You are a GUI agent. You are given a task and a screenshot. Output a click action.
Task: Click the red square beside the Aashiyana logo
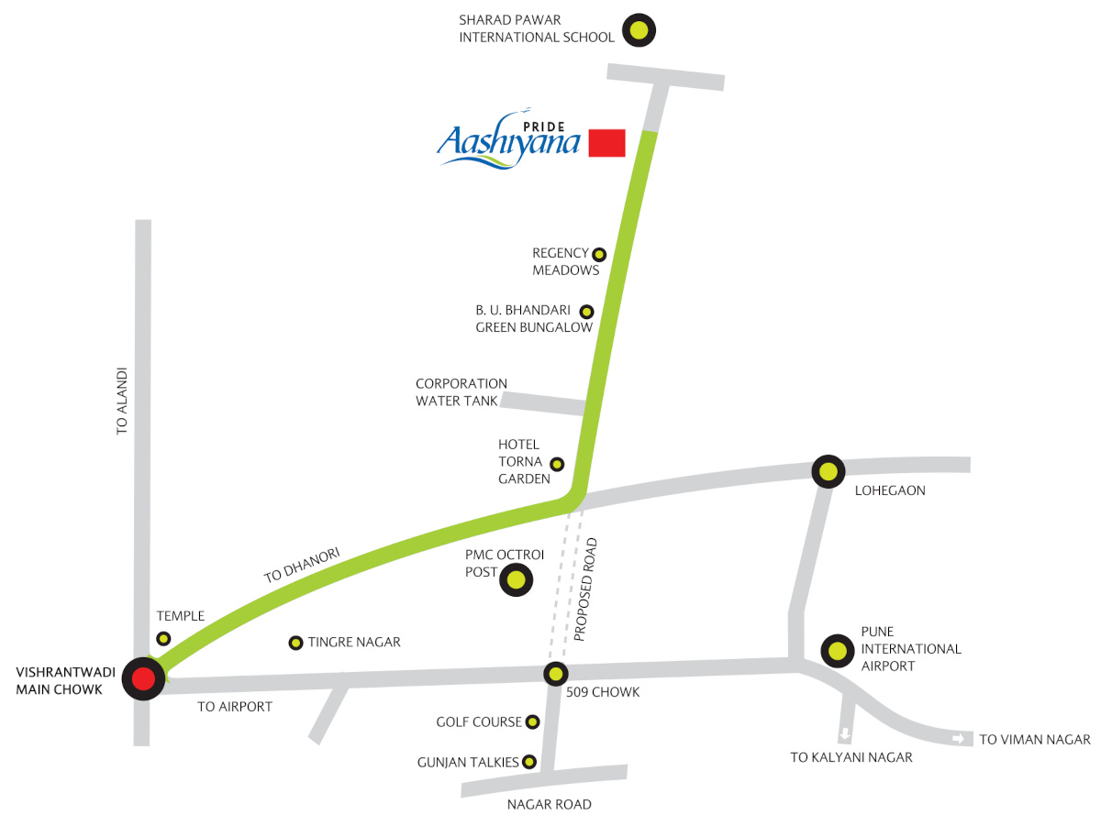point(606,143)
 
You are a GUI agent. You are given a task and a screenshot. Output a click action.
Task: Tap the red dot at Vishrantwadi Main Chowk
point(143,678)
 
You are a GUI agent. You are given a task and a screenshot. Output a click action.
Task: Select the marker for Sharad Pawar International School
point(639,30)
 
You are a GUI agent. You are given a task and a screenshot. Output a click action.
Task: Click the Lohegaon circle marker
point(829,471)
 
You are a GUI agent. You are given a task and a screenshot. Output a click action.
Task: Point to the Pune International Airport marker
point(837,651)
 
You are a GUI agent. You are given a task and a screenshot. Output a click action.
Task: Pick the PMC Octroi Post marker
point(516,579)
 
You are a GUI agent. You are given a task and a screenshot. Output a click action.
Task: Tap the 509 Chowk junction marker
point(555,675)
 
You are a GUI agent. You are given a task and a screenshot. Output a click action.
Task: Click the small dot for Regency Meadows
point(599,254)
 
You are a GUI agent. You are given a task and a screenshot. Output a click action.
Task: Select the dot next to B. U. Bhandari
point(586,311)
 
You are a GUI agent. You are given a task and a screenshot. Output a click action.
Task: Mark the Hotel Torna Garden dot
point(556,464)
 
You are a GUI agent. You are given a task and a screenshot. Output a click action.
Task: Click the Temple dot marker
point(163,639)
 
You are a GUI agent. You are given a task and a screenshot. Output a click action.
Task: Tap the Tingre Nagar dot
point(295,643)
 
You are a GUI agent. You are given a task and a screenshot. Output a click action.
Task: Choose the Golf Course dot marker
point(532,722)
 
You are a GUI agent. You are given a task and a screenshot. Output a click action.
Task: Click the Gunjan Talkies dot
point(529,762)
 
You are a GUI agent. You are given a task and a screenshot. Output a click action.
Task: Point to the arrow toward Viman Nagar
point(960,738)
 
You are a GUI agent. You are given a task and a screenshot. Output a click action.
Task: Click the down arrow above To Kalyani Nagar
point(845,734)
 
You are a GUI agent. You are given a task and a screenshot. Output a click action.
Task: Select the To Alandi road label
point(122,401)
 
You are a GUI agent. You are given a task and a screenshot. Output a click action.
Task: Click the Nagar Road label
point(550,805)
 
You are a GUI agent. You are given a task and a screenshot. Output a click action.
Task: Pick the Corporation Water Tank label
point(461,392)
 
